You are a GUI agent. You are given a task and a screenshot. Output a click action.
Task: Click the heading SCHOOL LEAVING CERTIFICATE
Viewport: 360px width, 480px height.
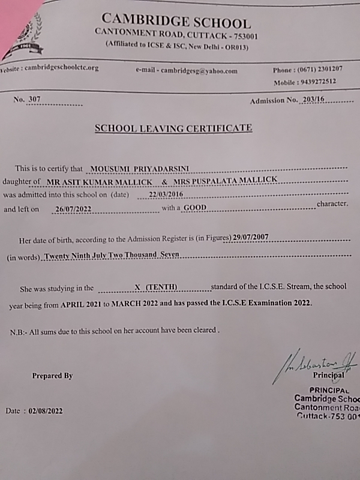[173, 128]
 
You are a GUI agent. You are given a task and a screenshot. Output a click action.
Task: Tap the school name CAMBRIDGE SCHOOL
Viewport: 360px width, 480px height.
[176, 23]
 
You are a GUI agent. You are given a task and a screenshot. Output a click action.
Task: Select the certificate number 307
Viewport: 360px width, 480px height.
[34, 100]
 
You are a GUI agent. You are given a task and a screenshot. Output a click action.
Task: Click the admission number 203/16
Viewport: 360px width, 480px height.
[313, 100]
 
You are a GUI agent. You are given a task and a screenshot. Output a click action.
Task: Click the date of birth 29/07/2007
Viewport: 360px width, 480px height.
[251, 238]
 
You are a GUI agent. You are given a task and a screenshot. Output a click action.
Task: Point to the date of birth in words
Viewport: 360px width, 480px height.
[112, 255]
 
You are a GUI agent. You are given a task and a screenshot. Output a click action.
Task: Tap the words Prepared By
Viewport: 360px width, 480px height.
[52, 376]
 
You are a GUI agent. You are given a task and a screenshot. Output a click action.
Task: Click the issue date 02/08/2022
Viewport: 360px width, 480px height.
[43, 411]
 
